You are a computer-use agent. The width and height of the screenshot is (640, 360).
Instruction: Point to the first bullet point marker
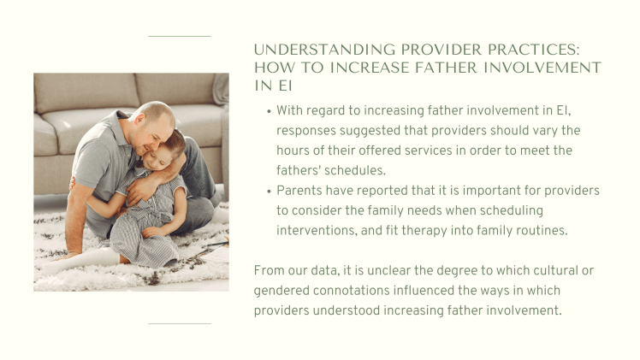click(269, 111)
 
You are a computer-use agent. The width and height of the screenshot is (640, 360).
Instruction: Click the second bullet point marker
click(269, 190)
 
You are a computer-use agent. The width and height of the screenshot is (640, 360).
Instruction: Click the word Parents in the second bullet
click(299, 189)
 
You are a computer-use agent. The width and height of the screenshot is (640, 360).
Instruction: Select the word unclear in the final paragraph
click(380, 270)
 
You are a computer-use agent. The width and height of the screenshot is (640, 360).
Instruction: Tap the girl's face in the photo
click(165, 157)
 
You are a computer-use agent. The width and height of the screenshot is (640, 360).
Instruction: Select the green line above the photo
click(179, 36)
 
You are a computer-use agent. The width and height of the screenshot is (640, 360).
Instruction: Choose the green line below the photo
click(179, 324)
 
